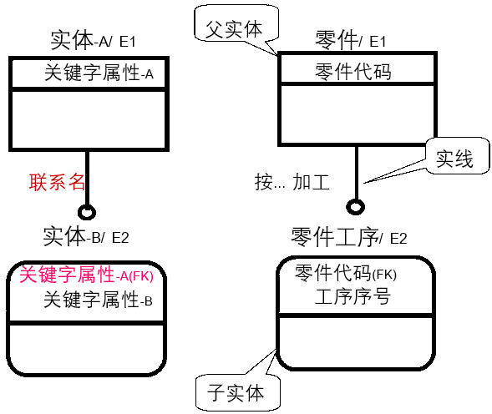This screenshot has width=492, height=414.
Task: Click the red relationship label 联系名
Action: pyautogui.click(x=58, y=181)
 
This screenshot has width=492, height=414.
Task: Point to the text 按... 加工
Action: pyautogui.click(x=292, y=181)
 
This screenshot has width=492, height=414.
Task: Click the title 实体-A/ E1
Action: pyautogui.click(x=93, y=42)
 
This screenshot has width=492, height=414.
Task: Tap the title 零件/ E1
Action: pyautogui.click(x=350, y=40)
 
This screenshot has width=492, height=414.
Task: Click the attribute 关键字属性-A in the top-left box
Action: pyautogui.click(x=99, y=73)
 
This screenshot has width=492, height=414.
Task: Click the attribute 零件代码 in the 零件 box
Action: pyautogui.click(x=353, y=72)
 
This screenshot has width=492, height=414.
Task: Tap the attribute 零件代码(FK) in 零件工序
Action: pyautogui.click(x=346, y=274)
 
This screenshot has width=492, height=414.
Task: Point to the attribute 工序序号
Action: pyautogui.click(x=353, y=296)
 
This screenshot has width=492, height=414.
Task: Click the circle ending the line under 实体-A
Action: pyautogui.click(x=86, y=210)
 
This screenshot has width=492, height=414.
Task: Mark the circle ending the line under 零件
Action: pyautogui.click(x=356, y=206)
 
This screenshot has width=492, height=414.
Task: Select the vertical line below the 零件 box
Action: pyautogui.click(x=356, y=171)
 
